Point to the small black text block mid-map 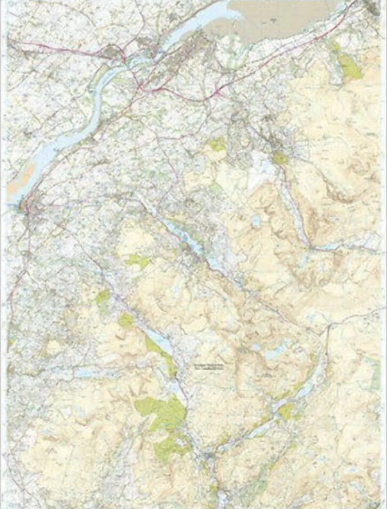209,367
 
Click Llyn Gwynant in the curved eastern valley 306,391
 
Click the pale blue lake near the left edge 83,373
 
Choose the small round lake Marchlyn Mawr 255,221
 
